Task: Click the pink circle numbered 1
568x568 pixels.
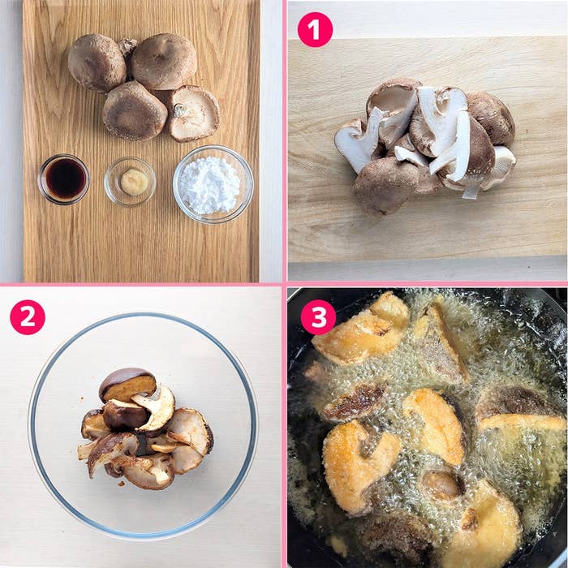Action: coord(315,30)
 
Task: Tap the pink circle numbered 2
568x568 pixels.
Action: coord(28,317)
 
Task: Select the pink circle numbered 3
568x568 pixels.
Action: coord(318,317)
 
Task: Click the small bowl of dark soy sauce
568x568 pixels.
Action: coord(64,179)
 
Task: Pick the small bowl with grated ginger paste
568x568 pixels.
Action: coord(130,182)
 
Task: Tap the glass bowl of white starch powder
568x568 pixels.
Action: coord(213,184)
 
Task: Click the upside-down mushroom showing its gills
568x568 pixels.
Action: coord(193,113)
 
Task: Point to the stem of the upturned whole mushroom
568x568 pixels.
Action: coord(180,110)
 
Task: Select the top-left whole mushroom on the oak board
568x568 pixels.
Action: coord(97,63)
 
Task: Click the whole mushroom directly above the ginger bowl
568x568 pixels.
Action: coord(135,111)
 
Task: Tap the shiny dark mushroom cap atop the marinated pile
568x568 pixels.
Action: coord(127,384)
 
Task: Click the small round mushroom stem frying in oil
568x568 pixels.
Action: coord(443,484)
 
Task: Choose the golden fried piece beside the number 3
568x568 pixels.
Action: coord(360,333)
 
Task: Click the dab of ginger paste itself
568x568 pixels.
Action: coord(134,182)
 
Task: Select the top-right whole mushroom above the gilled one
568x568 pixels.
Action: coord(164,61)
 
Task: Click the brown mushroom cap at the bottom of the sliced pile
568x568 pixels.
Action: coord(385,186)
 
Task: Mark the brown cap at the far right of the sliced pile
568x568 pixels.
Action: coord(492,118)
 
